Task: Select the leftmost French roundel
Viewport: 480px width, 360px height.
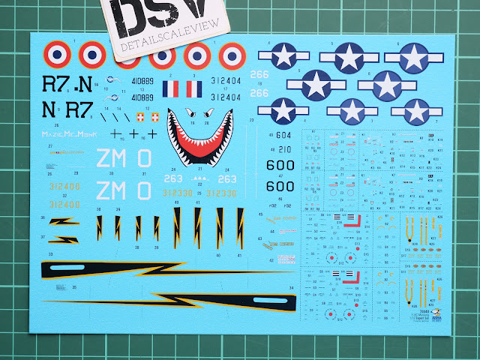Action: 55,54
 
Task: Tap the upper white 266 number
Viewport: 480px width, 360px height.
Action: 259,74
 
